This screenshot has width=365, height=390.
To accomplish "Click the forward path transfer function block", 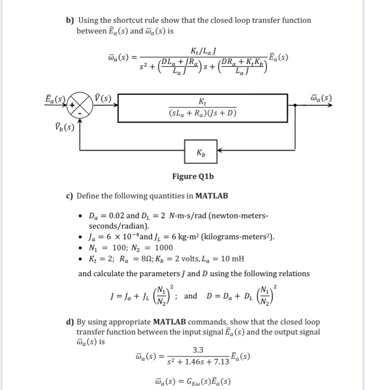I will [x=201, y=105].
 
